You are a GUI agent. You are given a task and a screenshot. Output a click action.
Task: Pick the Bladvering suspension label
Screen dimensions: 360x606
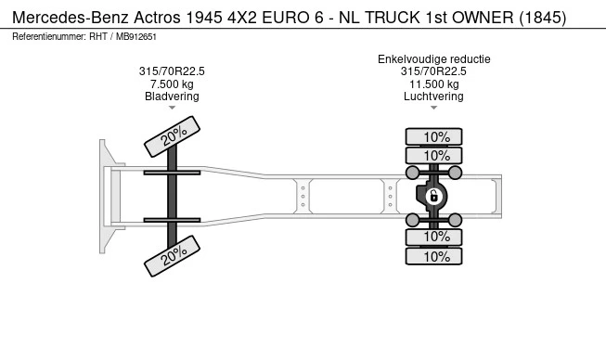tap(172, 96)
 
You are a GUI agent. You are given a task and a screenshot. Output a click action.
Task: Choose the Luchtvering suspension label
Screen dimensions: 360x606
tap(433, 96)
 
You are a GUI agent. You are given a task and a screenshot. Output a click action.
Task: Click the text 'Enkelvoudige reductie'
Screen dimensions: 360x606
tap(433, 59)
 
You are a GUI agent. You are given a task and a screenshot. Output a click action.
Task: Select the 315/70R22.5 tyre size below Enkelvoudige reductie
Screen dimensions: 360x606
tap(433, 71)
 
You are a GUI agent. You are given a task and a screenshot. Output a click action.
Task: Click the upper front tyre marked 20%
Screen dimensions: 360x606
tap(173, 137)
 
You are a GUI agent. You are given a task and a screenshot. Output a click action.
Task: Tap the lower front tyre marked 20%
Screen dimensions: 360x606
tap(173, 256)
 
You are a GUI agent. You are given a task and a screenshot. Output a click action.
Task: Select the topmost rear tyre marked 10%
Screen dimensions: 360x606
tap(436, 136)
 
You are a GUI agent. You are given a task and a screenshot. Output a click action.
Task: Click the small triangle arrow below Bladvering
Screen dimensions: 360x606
tap(172, 109)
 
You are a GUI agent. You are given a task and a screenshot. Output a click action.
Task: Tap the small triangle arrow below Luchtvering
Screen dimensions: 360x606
tap(433, 109)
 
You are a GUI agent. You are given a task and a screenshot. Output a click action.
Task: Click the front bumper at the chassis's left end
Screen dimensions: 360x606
tap(107, 195)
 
